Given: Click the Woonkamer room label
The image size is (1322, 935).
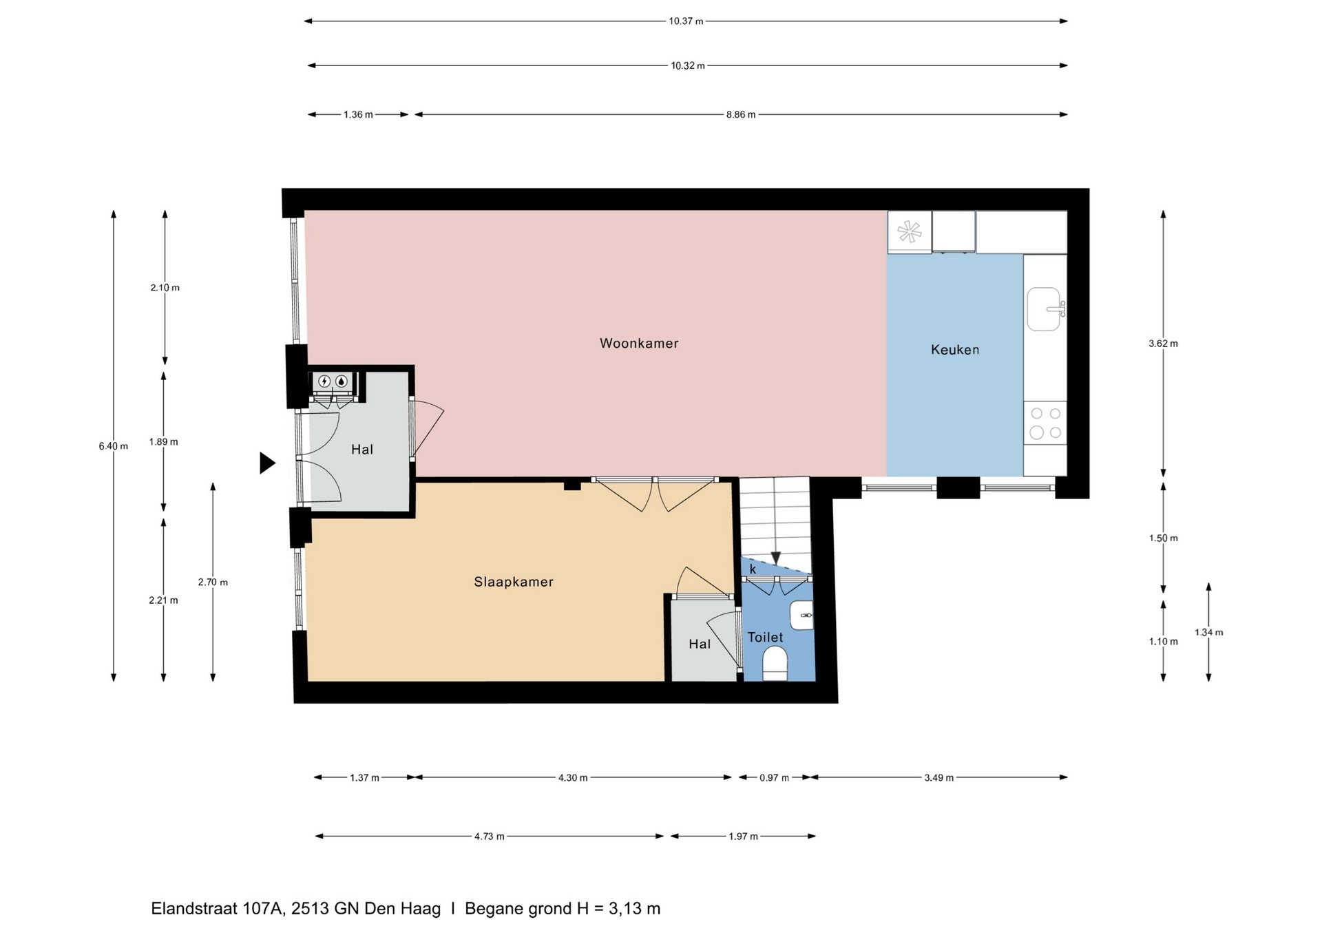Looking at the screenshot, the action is click(639, 343).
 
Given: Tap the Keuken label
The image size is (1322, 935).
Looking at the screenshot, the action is click(954, 350).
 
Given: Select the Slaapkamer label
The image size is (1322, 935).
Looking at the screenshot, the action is click(514, 582).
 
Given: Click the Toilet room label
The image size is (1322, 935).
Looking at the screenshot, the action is click(765, 638).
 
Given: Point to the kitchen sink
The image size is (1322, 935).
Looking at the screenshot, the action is click(1045, 309).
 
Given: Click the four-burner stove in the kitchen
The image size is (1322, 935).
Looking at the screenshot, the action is click(1045, 423).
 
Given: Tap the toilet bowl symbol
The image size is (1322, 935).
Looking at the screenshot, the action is click(775, 663).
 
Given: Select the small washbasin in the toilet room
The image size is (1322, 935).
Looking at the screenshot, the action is click(801, 615).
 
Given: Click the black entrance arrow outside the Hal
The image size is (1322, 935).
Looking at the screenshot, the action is click(267, 463).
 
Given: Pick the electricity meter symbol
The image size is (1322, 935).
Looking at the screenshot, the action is click(324, 381).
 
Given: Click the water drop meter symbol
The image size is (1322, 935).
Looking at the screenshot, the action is click(341, 381).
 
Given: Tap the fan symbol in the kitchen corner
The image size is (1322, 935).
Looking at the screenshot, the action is click(910, 232).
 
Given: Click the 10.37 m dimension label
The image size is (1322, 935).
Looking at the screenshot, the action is click(686, 21).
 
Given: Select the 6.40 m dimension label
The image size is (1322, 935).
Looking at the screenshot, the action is click(114, 446).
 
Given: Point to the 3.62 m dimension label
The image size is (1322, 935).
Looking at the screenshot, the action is click(1163, 344).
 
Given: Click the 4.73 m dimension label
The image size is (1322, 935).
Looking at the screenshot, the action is click(489, 837).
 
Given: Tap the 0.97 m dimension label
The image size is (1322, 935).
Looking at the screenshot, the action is click(774, 778).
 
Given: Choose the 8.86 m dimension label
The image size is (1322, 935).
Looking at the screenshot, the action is click(740, 115).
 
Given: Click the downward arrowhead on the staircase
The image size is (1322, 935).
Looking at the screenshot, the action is click(775, 558).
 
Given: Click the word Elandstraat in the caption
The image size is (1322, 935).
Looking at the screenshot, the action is click(195, 909).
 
